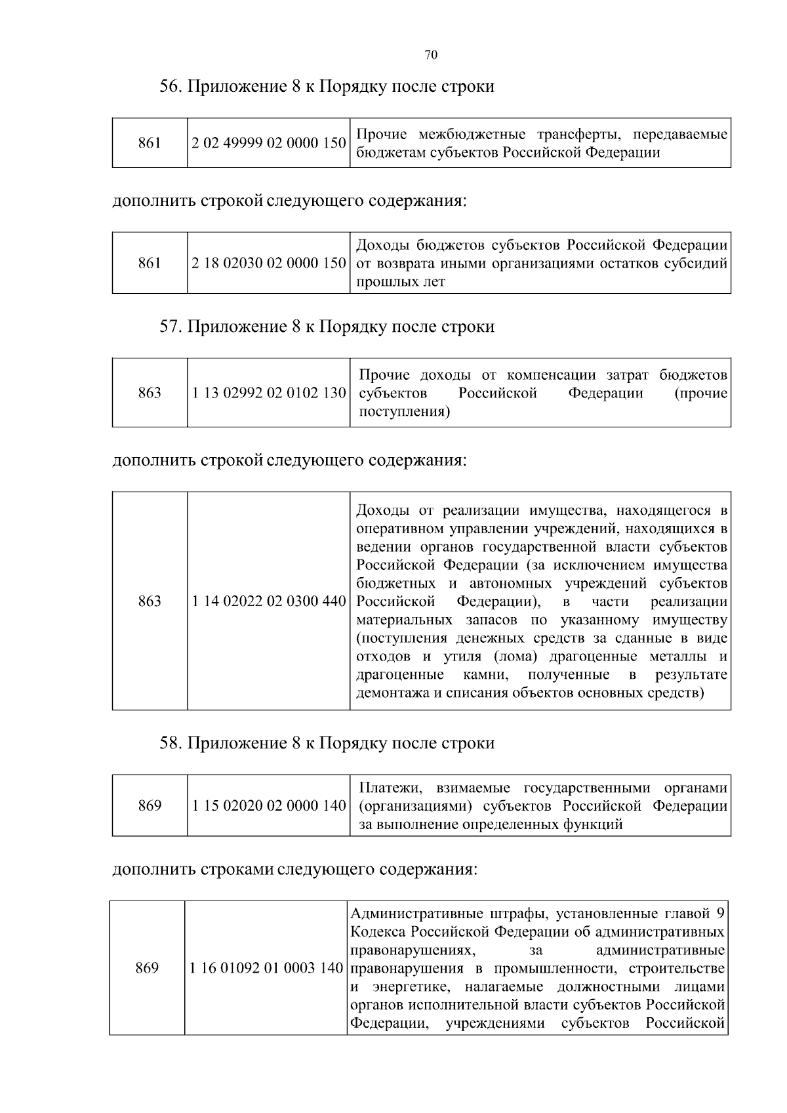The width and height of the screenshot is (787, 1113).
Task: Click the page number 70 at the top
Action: [431, 55]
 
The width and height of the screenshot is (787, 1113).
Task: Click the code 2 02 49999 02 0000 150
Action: [269, 143]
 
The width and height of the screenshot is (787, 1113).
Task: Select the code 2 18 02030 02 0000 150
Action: [269, 264]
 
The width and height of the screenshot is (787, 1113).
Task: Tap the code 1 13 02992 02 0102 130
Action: [269, 393]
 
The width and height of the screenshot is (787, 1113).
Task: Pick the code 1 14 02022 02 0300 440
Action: [269, 601]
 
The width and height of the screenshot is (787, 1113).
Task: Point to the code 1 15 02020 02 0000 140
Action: [269, 806]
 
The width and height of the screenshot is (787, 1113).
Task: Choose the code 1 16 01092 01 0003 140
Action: [266, 968]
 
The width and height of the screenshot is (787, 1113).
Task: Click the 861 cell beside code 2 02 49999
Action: [150, 143]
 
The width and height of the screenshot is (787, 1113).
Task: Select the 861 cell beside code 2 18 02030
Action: [150, 264]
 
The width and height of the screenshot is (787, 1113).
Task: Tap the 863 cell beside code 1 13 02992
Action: [150, 393]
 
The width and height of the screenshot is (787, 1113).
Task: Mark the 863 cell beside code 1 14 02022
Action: [150, 601]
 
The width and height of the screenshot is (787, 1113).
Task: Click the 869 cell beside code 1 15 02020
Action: [150, 806]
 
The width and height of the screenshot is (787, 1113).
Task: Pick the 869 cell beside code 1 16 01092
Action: [147, 968]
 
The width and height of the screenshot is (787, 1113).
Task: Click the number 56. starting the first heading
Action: [171, 87]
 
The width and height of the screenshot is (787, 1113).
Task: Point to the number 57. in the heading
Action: [171, 327]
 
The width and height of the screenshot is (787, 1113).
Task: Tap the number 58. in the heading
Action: [171, 743]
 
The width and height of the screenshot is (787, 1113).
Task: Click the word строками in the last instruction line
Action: [237, 870]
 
